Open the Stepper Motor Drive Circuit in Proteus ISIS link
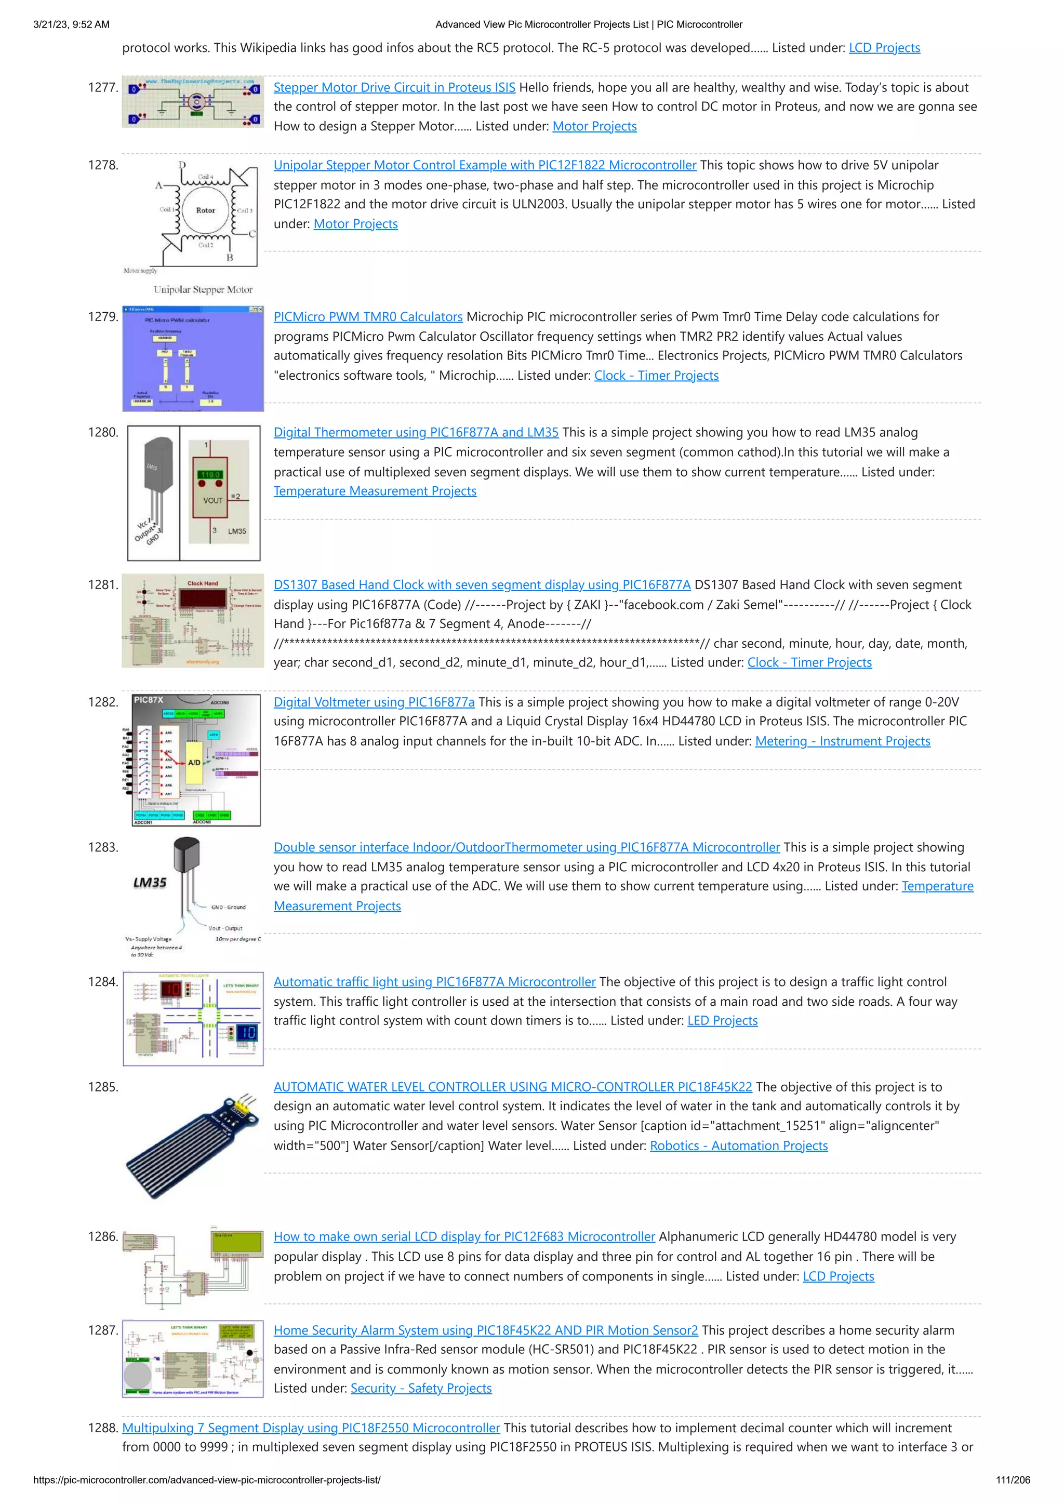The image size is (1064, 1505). tap(394, 88)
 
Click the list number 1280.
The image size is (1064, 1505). tap(103, 433)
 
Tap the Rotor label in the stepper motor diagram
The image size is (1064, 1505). tap(205, 210)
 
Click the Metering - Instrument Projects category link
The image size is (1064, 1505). tap(842, 741)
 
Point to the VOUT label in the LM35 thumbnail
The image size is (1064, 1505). tap(213, 500)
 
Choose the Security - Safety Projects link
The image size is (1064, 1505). tap(421, 1388)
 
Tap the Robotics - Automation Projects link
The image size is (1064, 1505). tap(738, 1146)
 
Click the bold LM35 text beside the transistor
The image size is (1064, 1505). tap(150, 883)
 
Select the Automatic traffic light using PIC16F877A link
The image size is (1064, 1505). tap(434, 982)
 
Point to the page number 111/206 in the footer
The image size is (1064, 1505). tap(1012, 1480)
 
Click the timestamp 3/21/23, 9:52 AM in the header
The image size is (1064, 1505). tap(72, 25)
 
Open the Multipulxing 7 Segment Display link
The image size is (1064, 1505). tap(311, 1428)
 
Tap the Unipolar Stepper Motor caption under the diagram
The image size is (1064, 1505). tap(203, 290)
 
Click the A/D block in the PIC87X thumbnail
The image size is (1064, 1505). tap(194, 762)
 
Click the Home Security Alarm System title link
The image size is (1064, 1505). tap(485, 1330)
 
